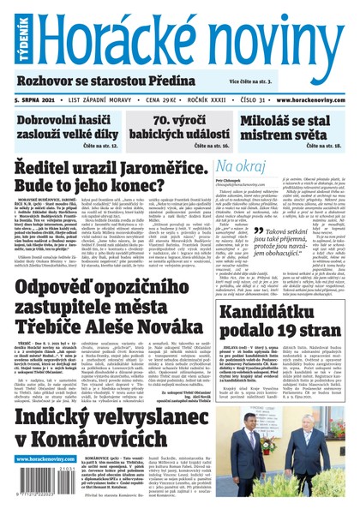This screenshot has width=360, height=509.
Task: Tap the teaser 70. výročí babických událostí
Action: (181, 128)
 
